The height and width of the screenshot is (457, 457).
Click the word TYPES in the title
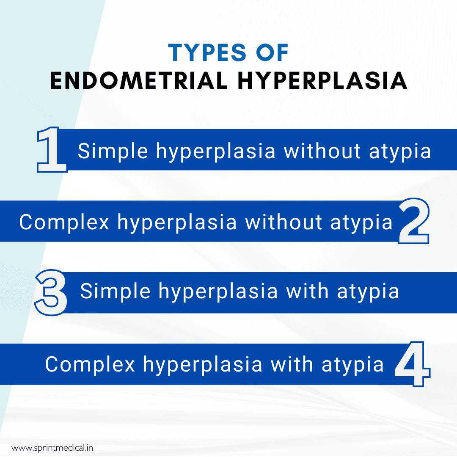coord(206,53)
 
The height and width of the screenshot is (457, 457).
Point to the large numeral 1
coord(52,151)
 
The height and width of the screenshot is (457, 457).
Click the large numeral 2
coord(413,221)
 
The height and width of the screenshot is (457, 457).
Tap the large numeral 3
coord(51,293)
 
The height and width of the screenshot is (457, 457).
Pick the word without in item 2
coord(283,223)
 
